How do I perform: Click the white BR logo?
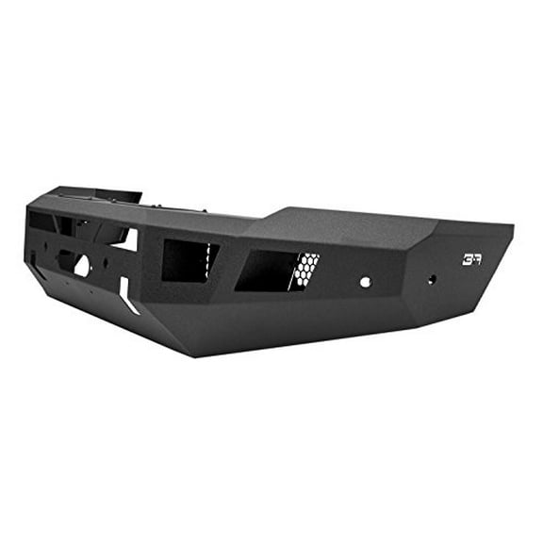coord(471,259)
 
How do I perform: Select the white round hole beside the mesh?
coord(365,281)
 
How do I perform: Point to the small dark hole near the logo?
coord(432,279)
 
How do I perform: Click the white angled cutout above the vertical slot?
coord(124,241)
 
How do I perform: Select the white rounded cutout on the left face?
coord(82,267)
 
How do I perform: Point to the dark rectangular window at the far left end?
coord(41,222)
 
